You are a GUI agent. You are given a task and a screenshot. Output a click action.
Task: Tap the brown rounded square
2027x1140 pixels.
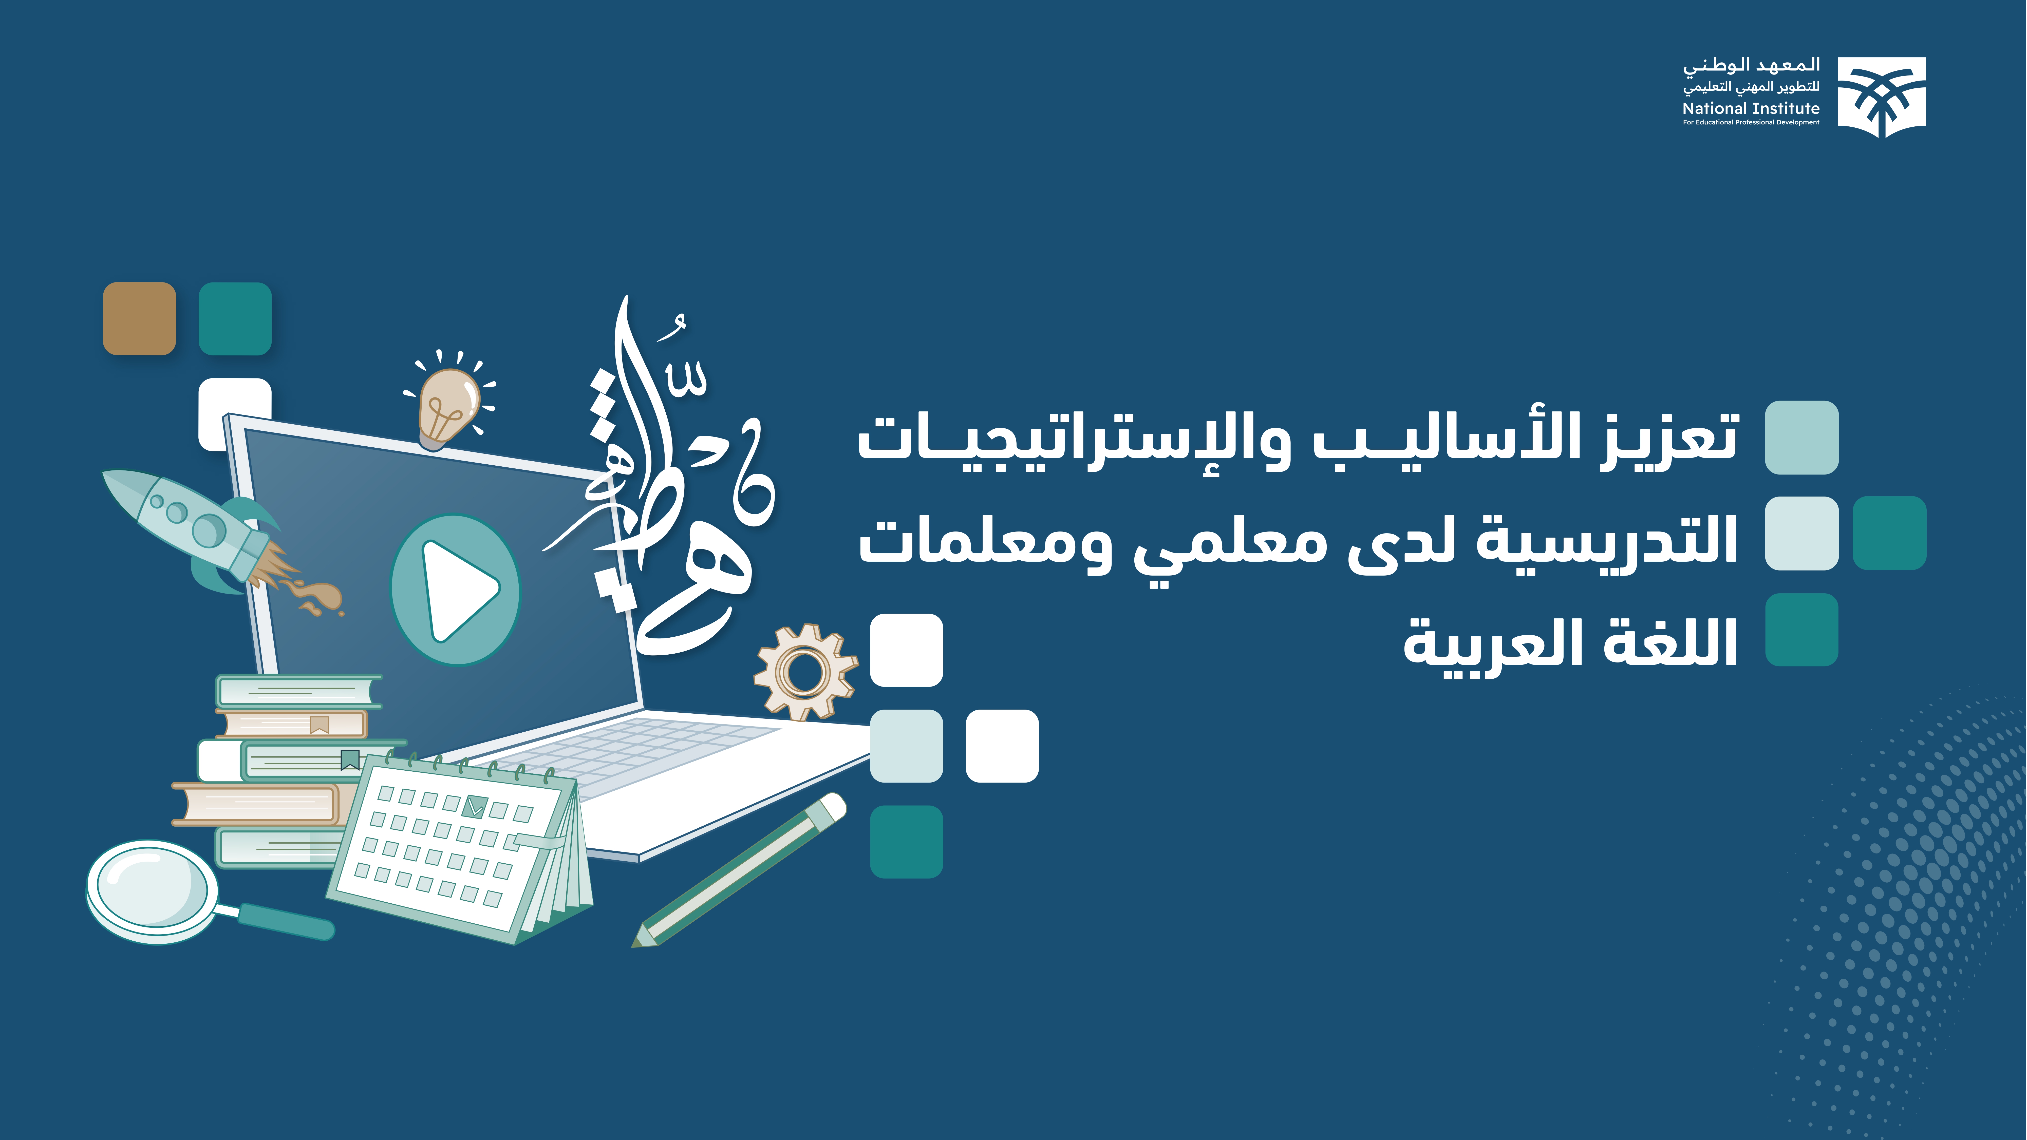(x=139, y=319)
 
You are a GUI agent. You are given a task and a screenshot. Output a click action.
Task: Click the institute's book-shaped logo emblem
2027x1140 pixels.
(x=1881, y=96)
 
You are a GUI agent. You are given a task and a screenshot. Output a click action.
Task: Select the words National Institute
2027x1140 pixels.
(x=1751, y=109)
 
